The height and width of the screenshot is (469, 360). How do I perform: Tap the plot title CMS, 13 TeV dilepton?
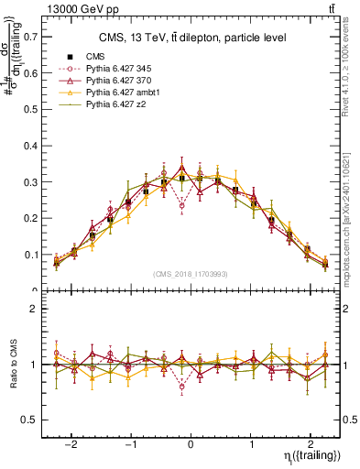(x=191, y=38)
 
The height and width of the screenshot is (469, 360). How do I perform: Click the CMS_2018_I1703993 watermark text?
(x=191, y=274)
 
